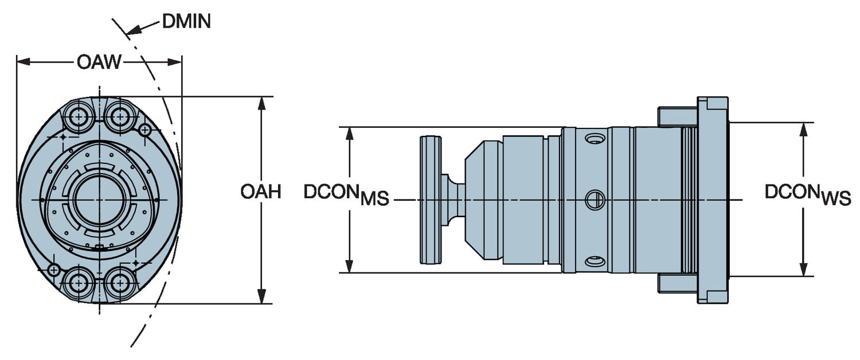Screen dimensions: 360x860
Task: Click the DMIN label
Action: point(186,22)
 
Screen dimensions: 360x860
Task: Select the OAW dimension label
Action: point(99,62)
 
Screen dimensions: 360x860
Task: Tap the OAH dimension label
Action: point(261,191)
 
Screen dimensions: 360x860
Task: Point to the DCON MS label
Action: point(346,194)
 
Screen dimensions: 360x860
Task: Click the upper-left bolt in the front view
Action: point(78,118)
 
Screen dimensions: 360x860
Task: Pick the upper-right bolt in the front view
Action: point(120,118)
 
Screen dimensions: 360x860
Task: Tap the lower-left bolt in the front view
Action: point(78,281)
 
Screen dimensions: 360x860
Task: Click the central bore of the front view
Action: point(99,199)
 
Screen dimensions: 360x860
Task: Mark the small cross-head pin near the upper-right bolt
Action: point(145,130)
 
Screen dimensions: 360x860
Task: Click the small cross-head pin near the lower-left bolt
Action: point(54,269)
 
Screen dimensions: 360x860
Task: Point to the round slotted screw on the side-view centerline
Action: point(595,199)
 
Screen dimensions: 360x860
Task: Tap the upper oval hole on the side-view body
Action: point(595,139)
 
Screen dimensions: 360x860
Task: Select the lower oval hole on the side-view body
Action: point(595,261)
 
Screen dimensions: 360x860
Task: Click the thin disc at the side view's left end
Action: point(430,199)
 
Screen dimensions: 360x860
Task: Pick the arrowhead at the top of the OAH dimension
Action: point(262,103)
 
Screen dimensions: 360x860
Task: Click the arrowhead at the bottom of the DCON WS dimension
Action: point(803,269)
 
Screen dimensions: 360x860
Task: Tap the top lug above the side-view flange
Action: point(677,116)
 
